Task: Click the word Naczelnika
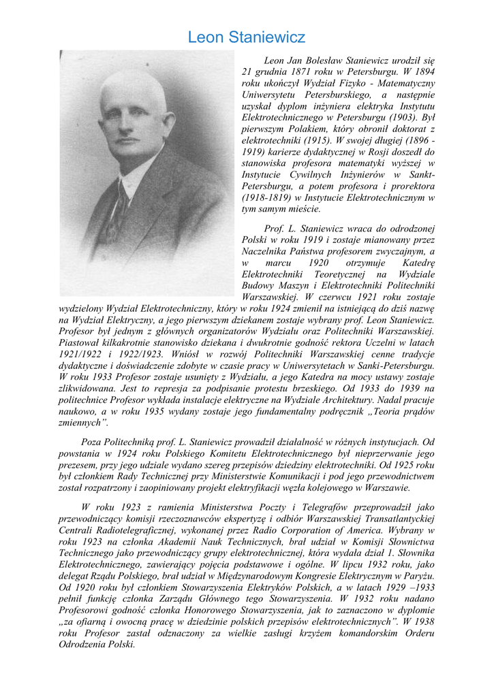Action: [267, 251]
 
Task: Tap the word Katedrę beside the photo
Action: [414, 263]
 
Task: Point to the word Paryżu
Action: [419, 577]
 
